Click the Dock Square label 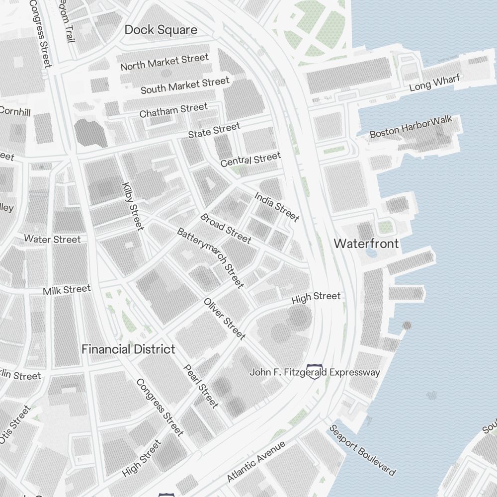click(161, 30)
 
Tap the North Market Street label click(165, 62)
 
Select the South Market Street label click(185, 85)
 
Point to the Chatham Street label click(173, 110)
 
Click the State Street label click(214, 131)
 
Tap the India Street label click(277, 207)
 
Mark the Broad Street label click(226, 229)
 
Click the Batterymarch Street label click(211, 258)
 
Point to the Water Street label click(52, 240)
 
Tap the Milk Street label click(67, 290)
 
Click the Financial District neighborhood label click(128, 349)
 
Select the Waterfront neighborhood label click(366, 244)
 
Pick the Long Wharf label click(435, 83)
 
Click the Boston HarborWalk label click(411, 127)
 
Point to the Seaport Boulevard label click(363, 450)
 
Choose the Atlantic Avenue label click(256, 461)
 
